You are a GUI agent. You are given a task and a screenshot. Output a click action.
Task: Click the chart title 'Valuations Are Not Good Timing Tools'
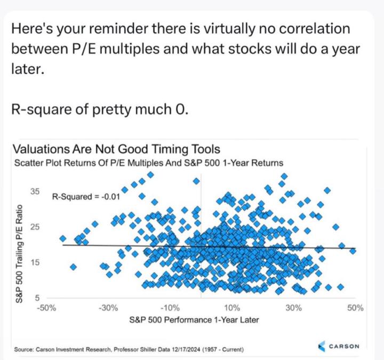pyautogui.click(x=116, y=149)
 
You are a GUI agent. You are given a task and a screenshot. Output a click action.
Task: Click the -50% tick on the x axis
pyautogui.click(x=46, y=308)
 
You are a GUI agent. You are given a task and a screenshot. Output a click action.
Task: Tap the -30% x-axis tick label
pyautogui.click(x=108, y=308)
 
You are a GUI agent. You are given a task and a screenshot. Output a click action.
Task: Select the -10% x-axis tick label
pyautogui.click(x=170, y=308)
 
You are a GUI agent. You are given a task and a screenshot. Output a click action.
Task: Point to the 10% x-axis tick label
pyautogui.click(x=233, y=308)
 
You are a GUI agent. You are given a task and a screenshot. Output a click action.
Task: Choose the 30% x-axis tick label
pyautogui.click(x=294, y=308)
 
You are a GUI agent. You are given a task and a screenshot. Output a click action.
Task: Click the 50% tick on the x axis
pyautogui.click(x=356, y=308)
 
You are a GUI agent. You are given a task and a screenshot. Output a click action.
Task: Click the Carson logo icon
pyautogui.click(x=322, y=347)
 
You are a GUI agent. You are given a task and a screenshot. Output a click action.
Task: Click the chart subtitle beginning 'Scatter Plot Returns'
pyautogui.click(x=147, y=163)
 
